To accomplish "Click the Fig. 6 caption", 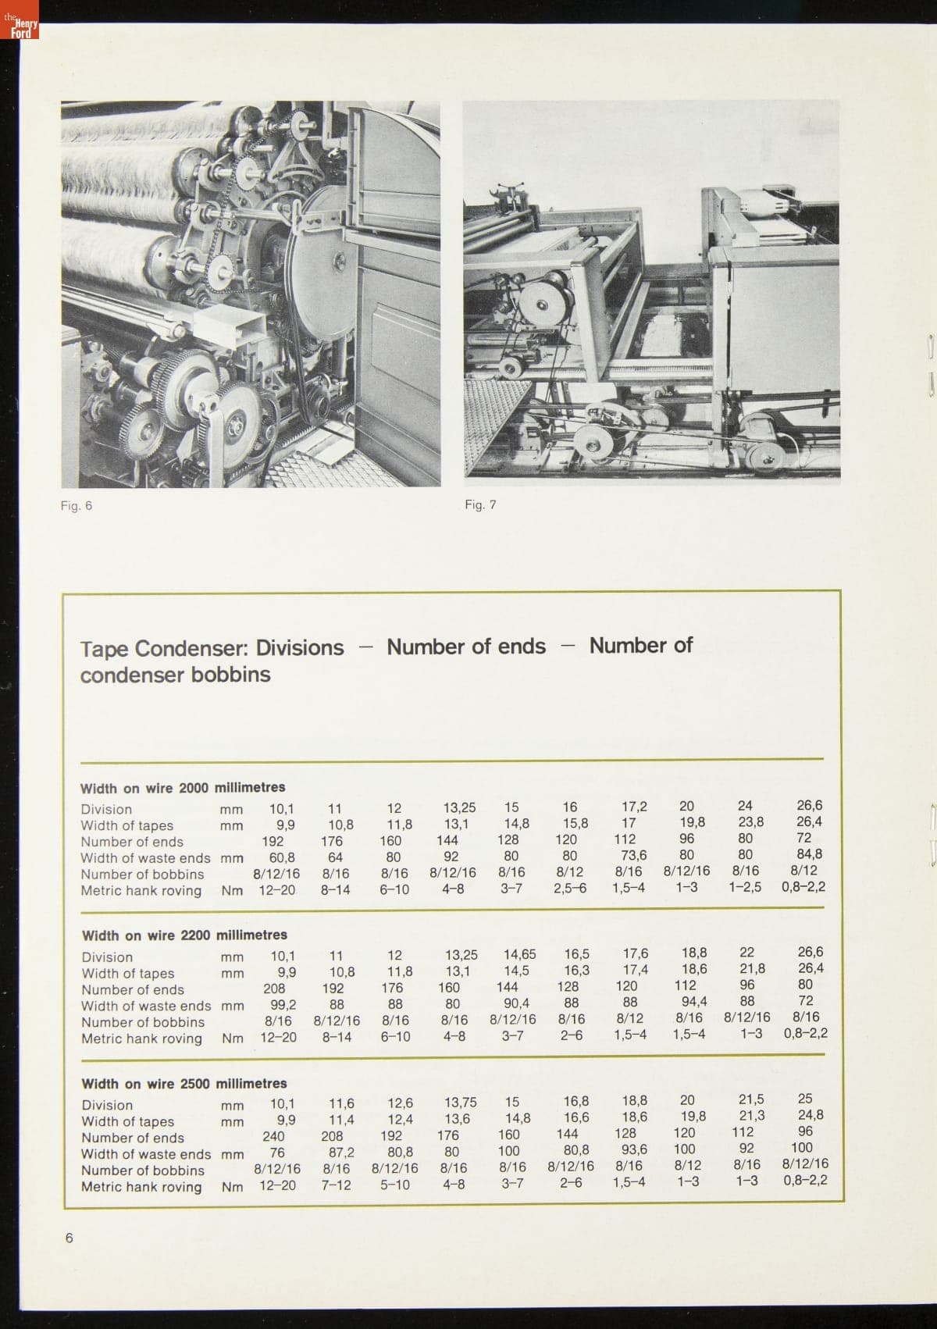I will pyautogui.click(x=77, y=505).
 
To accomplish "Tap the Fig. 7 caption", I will pyautogui.click(x=480, y=504).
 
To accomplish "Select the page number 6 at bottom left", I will pyautogui.click(x=69, y=1238).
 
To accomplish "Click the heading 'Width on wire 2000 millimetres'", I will pyautogui.click(x=183, y=787).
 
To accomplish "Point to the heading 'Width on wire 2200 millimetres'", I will pyautogui.click(x=184, y=935).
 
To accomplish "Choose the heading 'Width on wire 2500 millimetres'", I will pyautogui.click(x=184, y=1083).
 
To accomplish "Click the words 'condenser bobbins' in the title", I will pyautogui.click(x=175, y=674).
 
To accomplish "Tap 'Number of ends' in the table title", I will pyautogui.click(x=466, y=647).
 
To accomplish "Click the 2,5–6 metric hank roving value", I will pyautogui.click(x=570, y=889).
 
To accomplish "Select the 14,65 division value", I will pyautogui.click(x=519, y=954).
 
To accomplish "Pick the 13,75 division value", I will pyautogui.click(x=461, y=1103).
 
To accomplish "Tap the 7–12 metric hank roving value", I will pyautogui.click(x=336, y=1185).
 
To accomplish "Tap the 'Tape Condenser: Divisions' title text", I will pyautogui.click(x=212, y=647).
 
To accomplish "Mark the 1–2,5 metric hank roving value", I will pyautogui.click(x=745, y=887).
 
